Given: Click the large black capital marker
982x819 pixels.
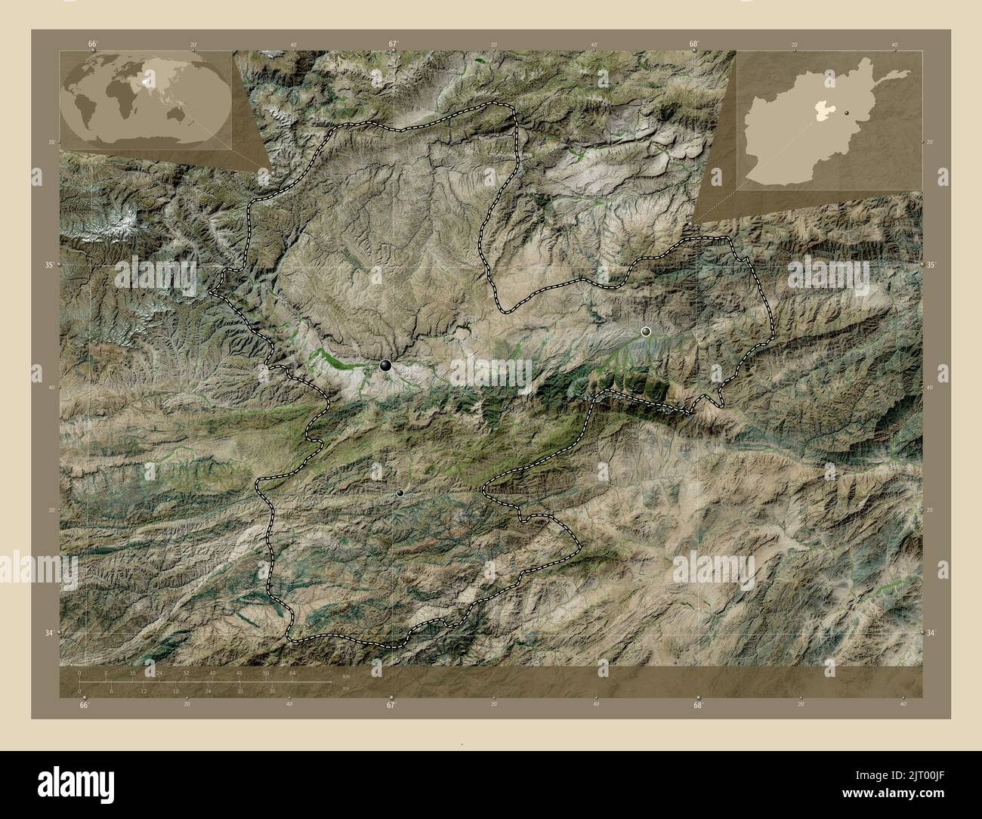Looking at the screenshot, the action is click(x=386, y=366).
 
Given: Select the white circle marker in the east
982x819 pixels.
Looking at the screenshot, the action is click(x=646, y=331).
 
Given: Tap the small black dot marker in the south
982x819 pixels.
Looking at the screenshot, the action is click(x=400, y=493).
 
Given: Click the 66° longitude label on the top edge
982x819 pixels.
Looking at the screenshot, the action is click(x=92, y=44).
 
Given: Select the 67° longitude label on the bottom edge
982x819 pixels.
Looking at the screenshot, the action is click(x=391, y=706).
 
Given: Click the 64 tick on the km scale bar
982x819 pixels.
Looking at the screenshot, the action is click(x=292, y=672).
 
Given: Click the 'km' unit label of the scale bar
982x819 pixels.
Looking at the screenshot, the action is click(x=346, y=675).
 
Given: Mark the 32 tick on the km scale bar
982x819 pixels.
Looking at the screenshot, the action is click(x=186, y=672).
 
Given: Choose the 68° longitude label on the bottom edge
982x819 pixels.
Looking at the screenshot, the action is click(x=698, y=706).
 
